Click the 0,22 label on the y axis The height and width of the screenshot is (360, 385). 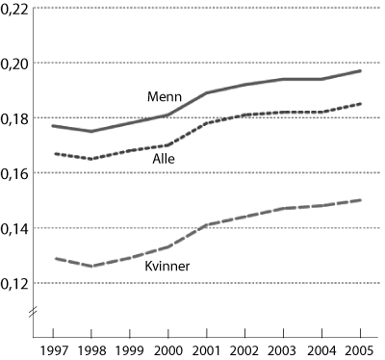click(15, 9)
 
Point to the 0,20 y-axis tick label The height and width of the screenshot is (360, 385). click(15, 64)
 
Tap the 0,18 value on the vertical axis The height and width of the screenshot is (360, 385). click(15, 118)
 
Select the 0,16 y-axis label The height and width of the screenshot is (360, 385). click(15, 173)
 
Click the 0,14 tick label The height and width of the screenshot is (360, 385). click(15, 228)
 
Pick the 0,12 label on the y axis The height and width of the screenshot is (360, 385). click(15, 283)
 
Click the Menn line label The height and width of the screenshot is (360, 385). click(164, 97)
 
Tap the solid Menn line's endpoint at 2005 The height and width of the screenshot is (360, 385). click(362, 70)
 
